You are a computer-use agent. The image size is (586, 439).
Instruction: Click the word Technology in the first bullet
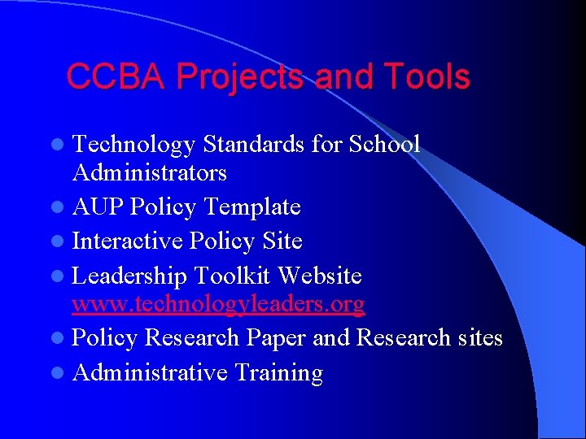pos(134,145)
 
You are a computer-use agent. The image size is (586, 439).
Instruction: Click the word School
pos(384,145)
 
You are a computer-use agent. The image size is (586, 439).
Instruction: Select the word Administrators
pos(150,172)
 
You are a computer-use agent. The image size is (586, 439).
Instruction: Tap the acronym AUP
pos(98,207)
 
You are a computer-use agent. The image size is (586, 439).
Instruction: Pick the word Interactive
pos(128,241)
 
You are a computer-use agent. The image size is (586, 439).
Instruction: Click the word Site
pos(282,241)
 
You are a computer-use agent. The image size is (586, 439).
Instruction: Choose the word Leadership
pos(130,276)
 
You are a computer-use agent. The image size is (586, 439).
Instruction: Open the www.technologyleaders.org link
pos(218,305)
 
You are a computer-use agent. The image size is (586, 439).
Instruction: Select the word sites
pos(475,337)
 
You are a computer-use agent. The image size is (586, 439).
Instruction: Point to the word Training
pos(278,373)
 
